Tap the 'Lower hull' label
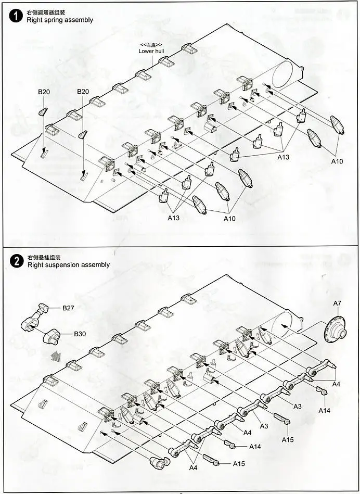point(151,51)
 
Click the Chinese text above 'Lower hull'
point(151,45)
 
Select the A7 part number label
point(337,303)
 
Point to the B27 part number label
point(69,308)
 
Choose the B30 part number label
point(80,334)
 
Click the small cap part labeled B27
point(43,308)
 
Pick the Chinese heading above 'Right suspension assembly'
point(44,257)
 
